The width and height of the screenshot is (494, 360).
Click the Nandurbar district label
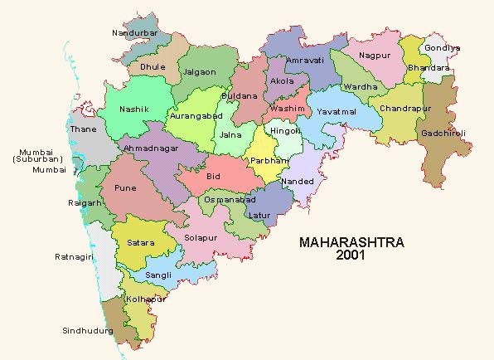(134, 33)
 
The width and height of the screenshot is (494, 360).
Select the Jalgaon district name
(201, 72)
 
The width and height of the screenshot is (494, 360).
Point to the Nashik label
(134, 109)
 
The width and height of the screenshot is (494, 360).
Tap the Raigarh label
(85, 202)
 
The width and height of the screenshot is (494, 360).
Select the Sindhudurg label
(86, 330)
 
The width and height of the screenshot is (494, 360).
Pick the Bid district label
(214, 177)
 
